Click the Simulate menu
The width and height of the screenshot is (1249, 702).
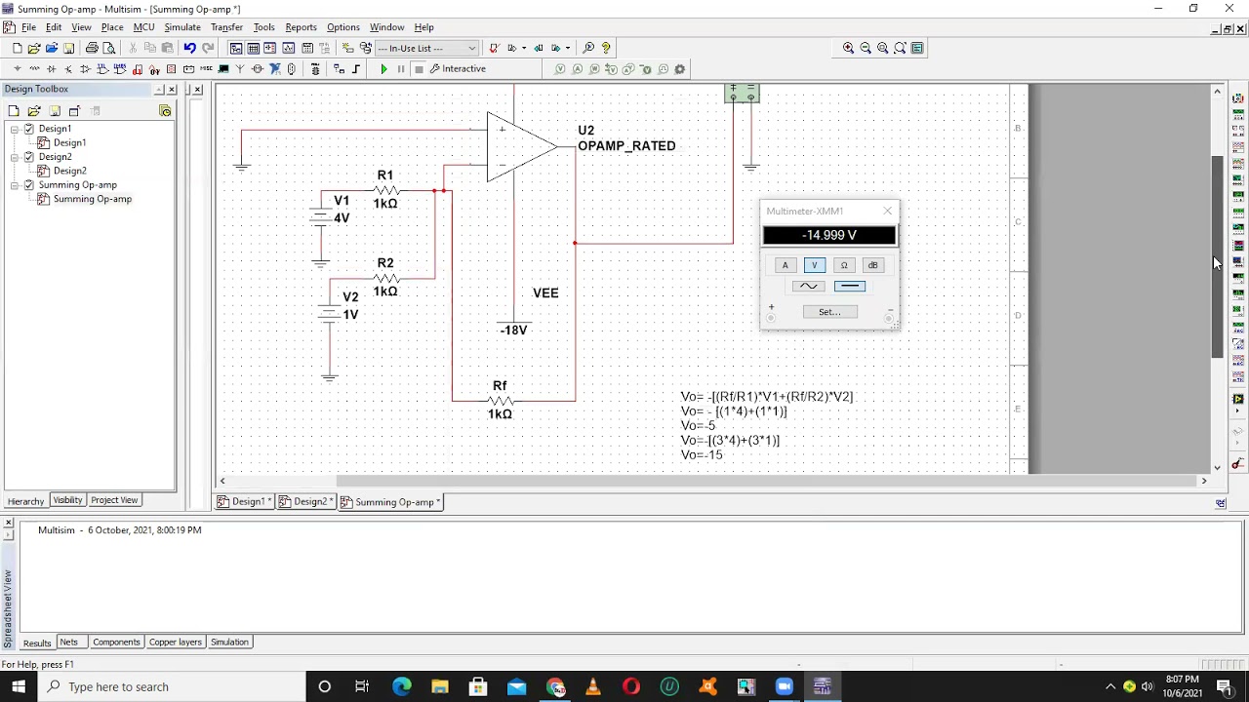click(181, 27)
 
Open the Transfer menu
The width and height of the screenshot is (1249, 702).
click(226, 27)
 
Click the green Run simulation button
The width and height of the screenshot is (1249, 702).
click(383, 69)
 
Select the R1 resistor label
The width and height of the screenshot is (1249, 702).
click(385, 175)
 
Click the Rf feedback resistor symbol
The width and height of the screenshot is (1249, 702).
click(500, 400)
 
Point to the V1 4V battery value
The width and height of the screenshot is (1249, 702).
click(342, 218)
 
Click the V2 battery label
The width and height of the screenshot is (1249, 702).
click(350, 297)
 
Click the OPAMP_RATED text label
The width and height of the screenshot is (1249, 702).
click(626, 146)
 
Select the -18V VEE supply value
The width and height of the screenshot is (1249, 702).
click(513, 331)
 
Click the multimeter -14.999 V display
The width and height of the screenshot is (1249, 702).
click(828, 235)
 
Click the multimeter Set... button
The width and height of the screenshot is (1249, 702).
click(829, 312)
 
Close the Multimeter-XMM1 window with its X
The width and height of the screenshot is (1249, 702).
click(887, 211)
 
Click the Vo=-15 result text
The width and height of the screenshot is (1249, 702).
click(702, 455)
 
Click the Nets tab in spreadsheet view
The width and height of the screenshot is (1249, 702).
click(68, 643)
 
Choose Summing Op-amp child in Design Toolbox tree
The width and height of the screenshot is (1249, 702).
click(92, 199)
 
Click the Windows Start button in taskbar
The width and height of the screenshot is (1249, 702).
click(19, 686)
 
